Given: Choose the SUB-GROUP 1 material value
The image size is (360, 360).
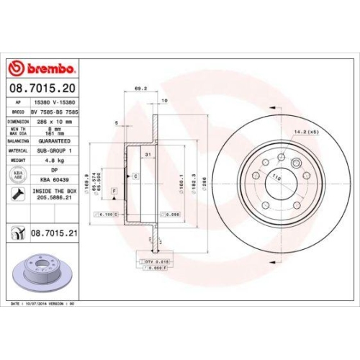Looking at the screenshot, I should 55,150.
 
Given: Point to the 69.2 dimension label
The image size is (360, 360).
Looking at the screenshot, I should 140,90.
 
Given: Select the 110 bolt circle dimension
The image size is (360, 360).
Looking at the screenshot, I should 275,175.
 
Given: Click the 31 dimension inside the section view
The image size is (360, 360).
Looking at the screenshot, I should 146,156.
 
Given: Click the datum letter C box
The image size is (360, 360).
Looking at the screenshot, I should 135,176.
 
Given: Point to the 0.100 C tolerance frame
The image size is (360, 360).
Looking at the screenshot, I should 105,215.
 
